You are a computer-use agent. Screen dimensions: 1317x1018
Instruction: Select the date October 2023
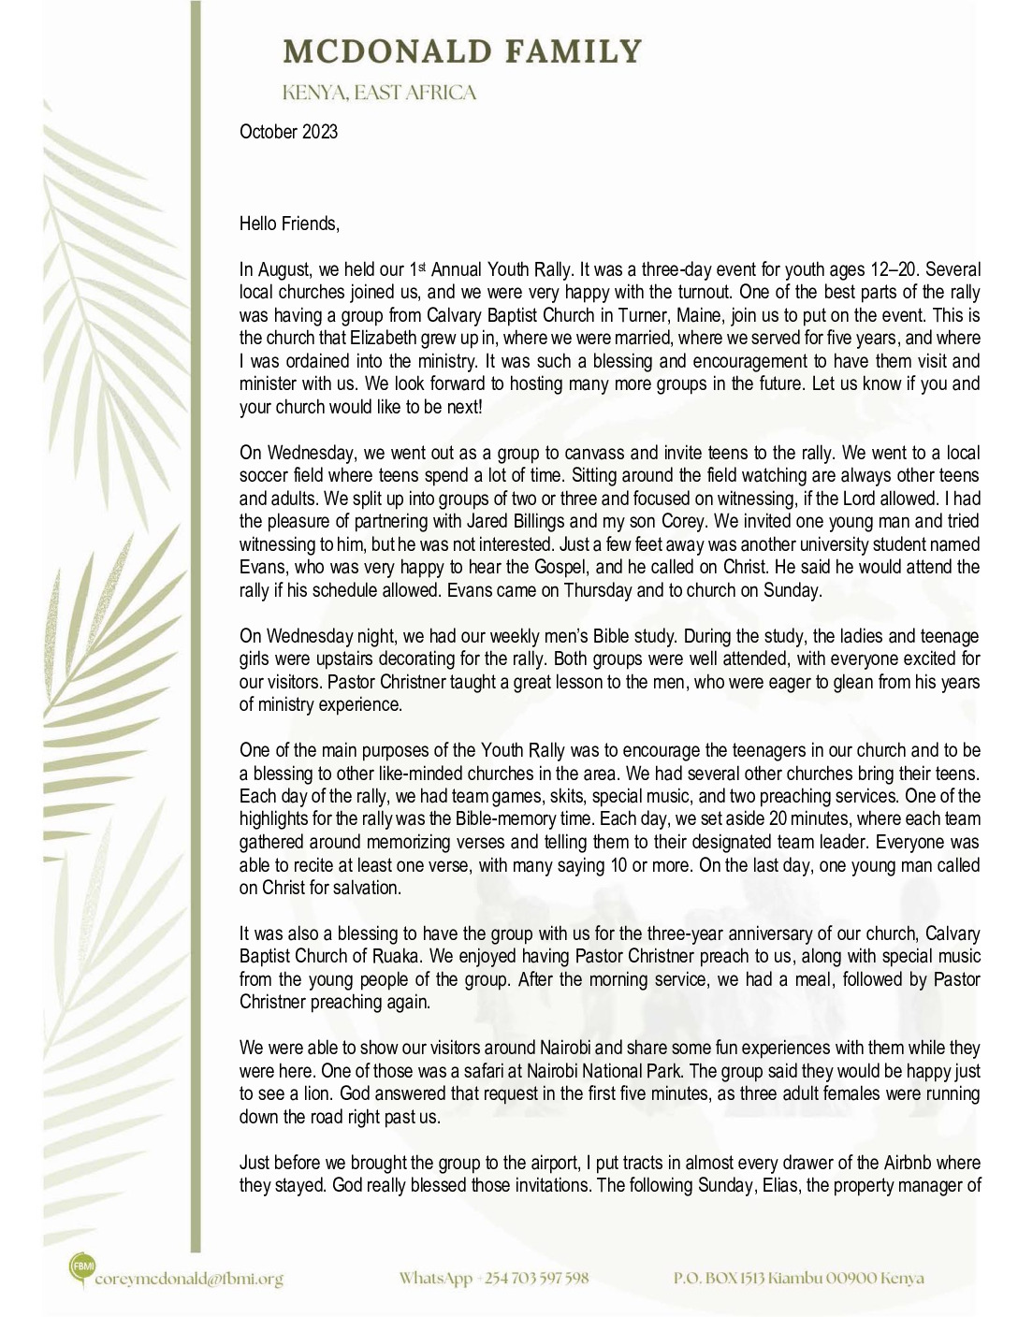point(288,132)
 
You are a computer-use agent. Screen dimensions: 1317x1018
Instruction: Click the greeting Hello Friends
point(289,224)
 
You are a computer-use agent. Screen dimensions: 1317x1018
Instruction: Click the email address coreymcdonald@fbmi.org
point(189,1279)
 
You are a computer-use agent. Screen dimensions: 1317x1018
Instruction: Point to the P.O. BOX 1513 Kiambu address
point(798,1278)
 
